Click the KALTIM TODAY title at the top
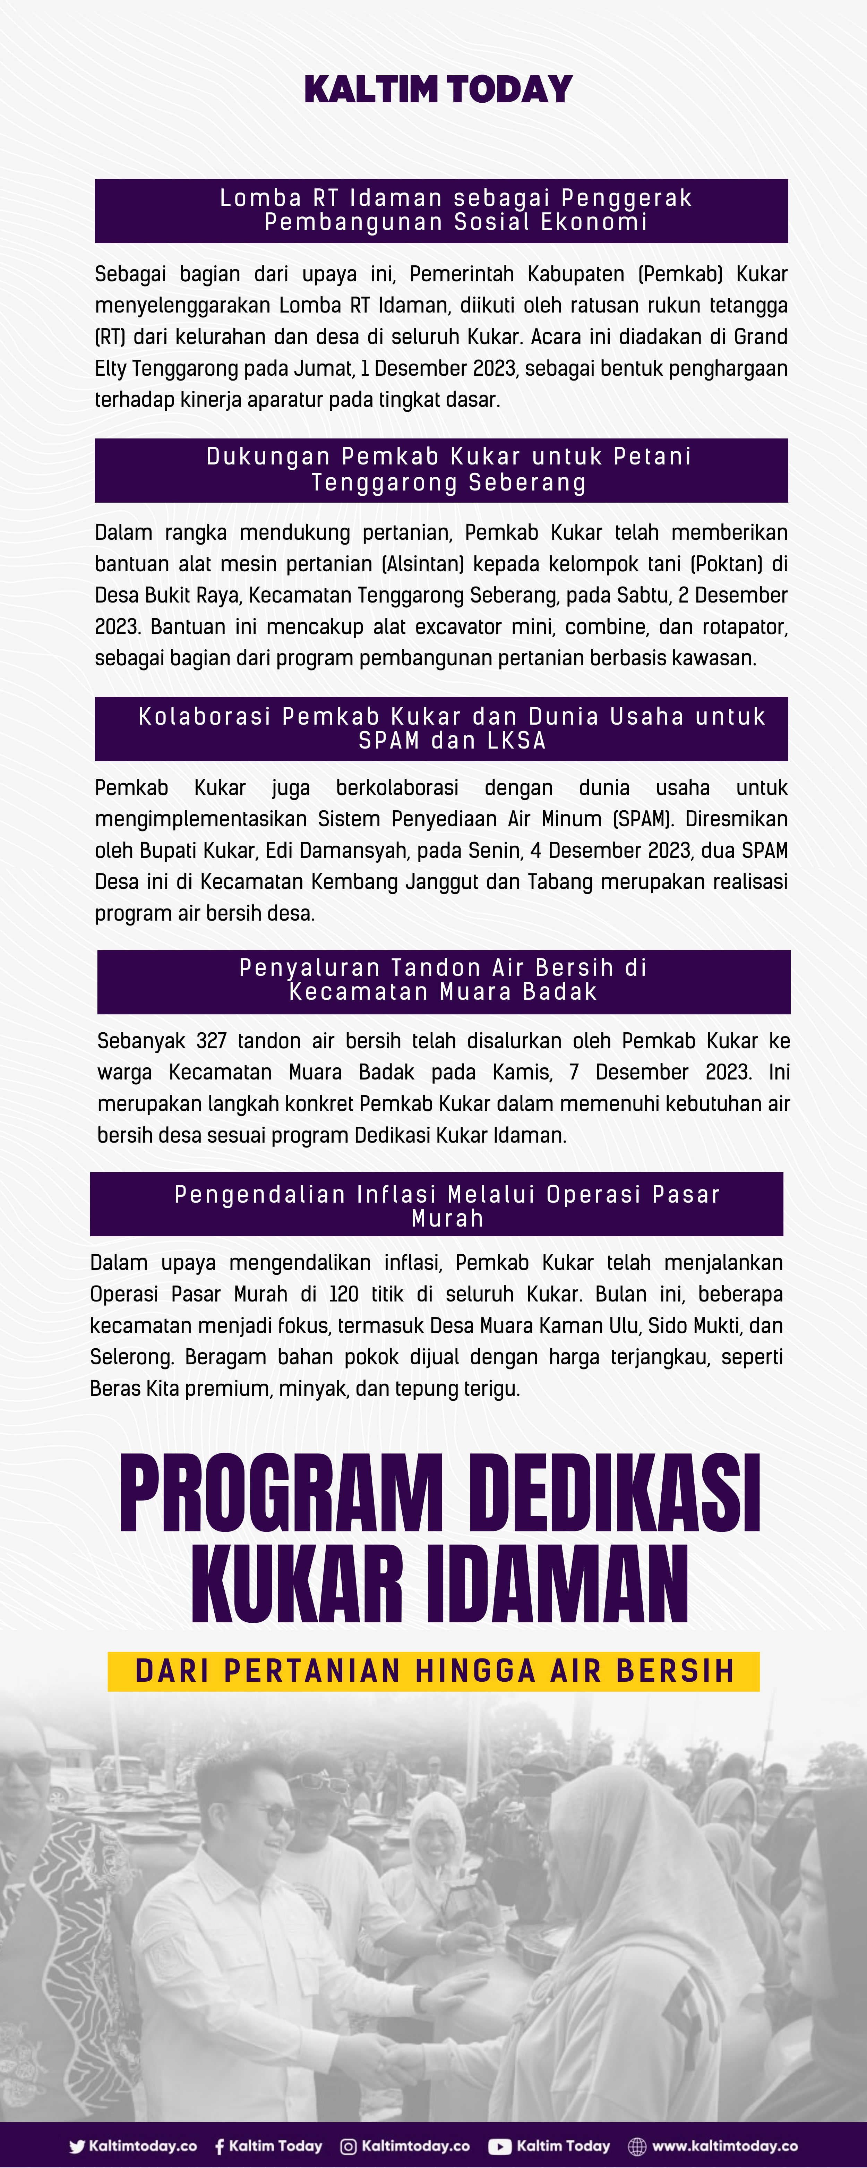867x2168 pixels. (x=438, y=89)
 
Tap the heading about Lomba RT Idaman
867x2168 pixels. (x=441, y=211)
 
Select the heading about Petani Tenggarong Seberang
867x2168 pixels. (x=441, y=470)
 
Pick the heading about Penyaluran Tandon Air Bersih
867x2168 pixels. (x=444, y=981)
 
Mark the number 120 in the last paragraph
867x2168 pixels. (x=343, y=1295)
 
